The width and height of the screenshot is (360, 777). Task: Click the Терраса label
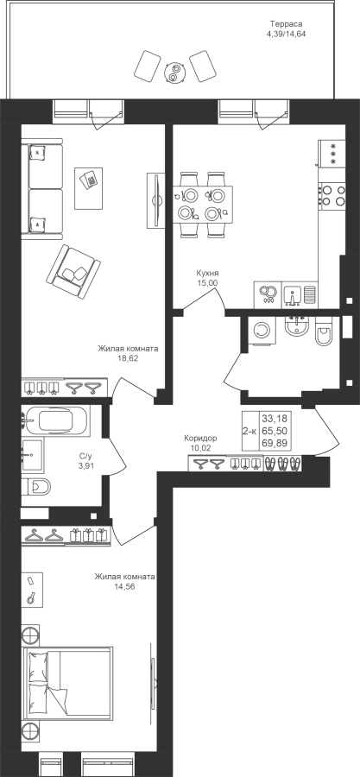(x=286, y=24)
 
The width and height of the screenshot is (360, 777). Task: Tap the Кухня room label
(x=207, y=273)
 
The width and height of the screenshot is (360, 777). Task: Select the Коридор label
(x=200, y=439)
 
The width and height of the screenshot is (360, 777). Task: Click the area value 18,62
(x=128, y=357)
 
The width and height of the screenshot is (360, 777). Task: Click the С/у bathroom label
(x=85, y=455)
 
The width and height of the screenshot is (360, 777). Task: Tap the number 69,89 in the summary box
(x=276, y=442)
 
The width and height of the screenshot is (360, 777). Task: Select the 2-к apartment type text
(x=250, y=431)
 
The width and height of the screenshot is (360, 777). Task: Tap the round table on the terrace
(x=174, y=72)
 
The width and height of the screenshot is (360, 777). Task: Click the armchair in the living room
(x=73, y=272)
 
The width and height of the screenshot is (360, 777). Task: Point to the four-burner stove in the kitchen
(x=332, y=194)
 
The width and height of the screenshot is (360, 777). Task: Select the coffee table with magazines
(x=89, y=188)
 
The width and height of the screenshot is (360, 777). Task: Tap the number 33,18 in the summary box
(x=276, y=420)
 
